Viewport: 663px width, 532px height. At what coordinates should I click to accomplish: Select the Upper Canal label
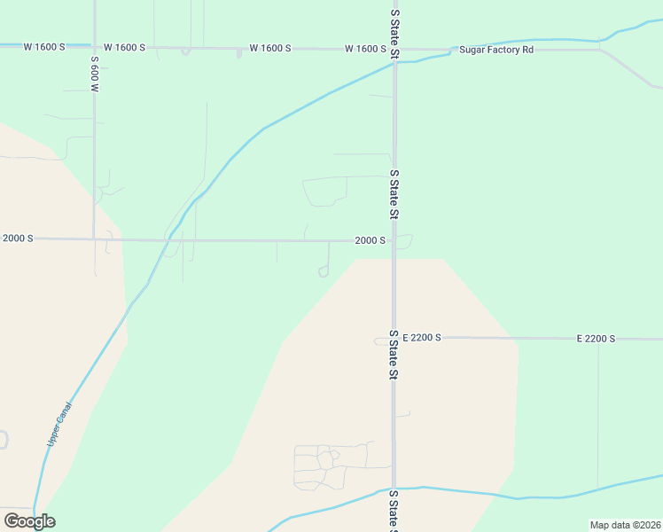pos(58,425)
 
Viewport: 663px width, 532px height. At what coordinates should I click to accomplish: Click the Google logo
pos(29,520)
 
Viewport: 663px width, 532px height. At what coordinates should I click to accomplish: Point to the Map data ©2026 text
pos(625,525)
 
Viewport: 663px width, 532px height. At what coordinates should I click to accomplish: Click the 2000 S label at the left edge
pos(17,239)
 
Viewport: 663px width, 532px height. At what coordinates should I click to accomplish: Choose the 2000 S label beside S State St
pos(370,240)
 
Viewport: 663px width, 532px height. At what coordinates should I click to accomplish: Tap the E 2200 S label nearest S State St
pos(422,338)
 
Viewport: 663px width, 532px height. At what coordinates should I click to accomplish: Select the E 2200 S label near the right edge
pos(596,339)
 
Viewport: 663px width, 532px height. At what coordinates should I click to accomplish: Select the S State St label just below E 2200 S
pos(394,355)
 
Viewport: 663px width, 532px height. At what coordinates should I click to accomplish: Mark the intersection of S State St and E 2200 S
pos(394,338)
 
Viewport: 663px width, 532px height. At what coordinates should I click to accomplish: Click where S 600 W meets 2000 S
pos(94,239)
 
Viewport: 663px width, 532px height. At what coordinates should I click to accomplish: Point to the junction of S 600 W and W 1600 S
pos(94,45)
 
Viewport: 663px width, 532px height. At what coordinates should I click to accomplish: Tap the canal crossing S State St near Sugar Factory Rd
pos(394,63)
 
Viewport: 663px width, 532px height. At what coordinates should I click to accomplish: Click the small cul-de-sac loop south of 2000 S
pos(324,272)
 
